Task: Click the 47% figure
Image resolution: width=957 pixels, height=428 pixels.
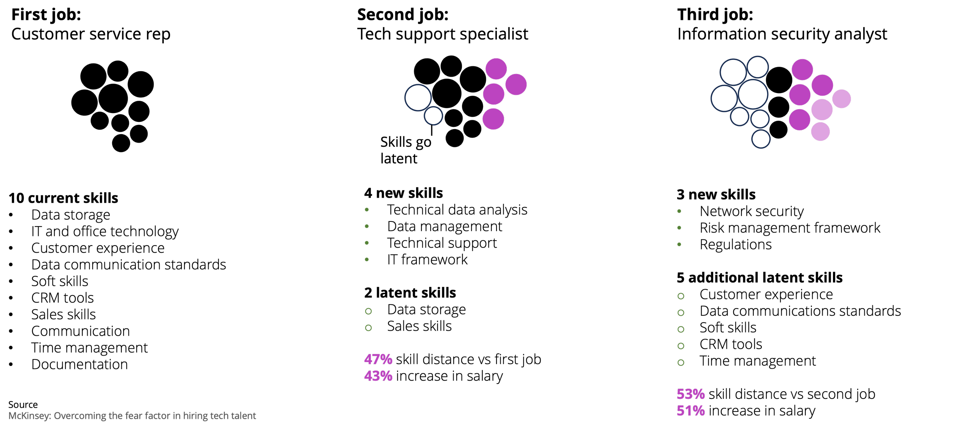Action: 378,359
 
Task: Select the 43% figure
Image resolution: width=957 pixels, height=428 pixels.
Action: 378,376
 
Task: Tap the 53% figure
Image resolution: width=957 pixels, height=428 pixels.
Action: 691,394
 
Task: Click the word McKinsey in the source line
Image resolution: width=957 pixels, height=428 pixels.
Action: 29,416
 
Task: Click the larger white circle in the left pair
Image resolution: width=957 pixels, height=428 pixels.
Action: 418,98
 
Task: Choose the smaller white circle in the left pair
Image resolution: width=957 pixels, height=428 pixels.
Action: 433,116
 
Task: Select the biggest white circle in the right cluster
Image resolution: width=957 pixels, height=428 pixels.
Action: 753,94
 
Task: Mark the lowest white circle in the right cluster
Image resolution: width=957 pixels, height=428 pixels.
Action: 761,139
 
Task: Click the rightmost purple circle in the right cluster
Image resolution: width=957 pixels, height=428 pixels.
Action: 841,99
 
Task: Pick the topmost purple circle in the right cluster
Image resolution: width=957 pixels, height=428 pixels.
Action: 802,70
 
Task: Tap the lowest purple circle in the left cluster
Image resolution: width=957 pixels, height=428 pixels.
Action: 493,119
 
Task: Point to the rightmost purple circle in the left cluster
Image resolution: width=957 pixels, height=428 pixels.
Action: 516,84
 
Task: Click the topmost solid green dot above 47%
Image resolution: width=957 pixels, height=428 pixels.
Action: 367,210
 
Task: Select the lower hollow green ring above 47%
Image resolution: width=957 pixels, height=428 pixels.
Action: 368,328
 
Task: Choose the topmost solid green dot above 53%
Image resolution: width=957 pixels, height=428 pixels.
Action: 679,211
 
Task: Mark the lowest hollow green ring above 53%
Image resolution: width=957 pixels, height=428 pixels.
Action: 681,362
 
